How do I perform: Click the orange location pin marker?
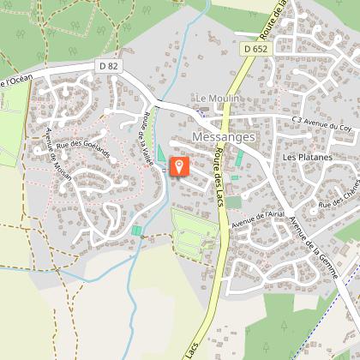(x=179, y=166)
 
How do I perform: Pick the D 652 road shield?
(x=255, y=51)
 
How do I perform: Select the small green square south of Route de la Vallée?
(x=137, y=231)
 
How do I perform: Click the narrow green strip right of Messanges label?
(x=239, y=159)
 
